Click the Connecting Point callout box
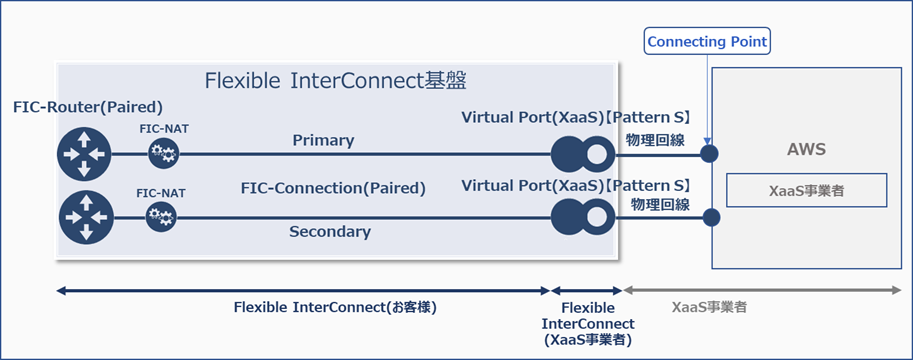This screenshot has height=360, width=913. point(708,42)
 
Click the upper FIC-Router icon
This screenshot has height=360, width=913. point(85,155)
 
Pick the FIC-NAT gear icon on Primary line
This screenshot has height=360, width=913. point(162,155)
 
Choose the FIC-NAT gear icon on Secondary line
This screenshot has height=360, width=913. point(162,216)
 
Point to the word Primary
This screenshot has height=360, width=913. point(323,140)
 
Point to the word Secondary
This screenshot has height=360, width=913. point(329,232)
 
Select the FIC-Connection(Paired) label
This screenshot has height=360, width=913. point(333,187)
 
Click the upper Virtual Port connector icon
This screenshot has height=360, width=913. point(581,155)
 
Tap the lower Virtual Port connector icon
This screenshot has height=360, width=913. point(581,217)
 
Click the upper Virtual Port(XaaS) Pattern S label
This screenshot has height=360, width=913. point(576,117)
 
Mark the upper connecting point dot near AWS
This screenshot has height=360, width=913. point(710,155)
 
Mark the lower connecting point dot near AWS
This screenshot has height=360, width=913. point(710,217)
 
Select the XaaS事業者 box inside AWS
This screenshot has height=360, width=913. point(804,190)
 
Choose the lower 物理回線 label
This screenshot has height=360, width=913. point(658,203)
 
